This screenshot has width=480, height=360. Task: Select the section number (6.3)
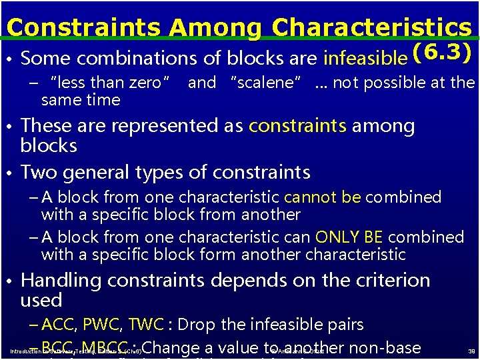click(443, 53)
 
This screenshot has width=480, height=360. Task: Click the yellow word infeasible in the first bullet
click(365, 59)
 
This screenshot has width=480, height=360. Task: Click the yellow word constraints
click(297, 126)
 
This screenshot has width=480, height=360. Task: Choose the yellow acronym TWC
click(145, 325)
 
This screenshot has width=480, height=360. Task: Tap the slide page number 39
click(471, 351)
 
